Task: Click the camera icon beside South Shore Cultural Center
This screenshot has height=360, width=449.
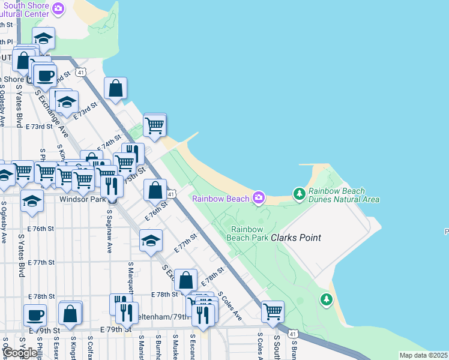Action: [58, 8]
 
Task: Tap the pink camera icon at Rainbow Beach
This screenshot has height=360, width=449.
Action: [259, 197]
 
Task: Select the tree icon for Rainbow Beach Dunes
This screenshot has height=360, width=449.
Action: [299, 194]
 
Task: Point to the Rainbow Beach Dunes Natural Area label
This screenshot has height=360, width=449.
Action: [343, 195]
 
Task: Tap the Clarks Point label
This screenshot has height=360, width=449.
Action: [296, 238]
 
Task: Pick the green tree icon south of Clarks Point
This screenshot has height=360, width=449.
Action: [326, 298]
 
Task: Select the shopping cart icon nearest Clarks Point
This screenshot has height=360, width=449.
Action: [273, 311]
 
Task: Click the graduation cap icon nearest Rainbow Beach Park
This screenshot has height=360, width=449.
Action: [151, 241]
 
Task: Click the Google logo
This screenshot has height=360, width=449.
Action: [20, 353]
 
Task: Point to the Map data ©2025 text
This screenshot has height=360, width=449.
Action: [423, 355]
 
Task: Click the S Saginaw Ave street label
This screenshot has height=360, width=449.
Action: [109, 231]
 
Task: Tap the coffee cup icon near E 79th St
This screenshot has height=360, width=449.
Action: [35, 315]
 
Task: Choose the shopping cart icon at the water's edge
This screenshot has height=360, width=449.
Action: [155, 125]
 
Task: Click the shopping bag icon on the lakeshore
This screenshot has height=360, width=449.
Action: [115, 89]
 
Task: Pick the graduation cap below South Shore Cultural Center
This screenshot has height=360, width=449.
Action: [43, 38]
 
